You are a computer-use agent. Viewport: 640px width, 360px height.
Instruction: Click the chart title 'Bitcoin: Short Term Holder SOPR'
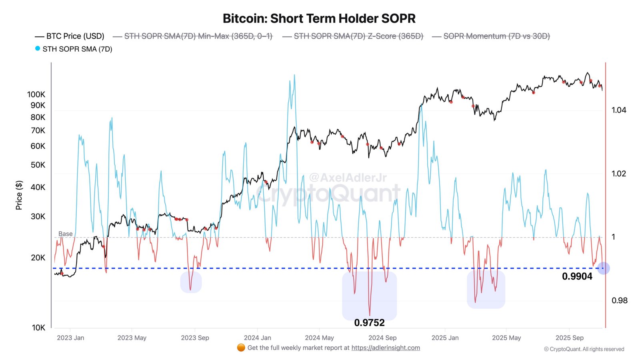[319, 19]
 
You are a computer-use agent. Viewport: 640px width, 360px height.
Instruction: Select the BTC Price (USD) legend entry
[70, 36]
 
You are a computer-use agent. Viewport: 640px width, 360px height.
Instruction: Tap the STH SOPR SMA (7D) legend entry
[74, 49]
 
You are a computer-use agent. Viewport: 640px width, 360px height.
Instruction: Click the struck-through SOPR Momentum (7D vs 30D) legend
[492, 36]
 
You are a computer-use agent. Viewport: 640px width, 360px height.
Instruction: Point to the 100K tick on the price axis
[36, 95]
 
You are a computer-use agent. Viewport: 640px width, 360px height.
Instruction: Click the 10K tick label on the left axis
[38, 328]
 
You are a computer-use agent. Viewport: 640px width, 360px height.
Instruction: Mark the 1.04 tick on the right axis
[618, 110]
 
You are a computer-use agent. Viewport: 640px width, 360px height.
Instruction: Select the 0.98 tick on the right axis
[619, 300]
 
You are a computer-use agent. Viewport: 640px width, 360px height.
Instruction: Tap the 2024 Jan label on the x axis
[257, 338]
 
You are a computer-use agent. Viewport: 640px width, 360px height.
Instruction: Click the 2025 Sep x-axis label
[569, 338]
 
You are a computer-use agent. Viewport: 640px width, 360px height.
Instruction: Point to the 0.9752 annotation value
[369, 323]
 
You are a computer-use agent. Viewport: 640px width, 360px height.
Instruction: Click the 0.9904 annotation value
[577, 276]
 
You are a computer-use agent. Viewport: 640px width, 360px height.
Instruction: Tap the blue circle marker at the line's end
[603, 268]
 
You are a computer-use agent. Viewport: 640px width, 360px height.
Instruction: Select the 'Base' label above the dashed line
[66, 234]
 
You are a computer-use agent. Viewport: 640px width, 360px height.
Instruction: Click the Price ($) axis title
[19, 195]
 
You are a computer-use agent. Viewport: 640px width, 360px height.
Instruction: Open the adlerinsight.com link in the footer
[386, 348]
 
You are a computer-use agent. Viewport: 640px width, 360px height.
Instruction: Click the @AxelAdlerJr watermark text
[348, 178]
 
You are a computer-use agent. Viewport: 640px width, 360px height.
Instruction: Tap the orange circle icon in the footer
[241, 348]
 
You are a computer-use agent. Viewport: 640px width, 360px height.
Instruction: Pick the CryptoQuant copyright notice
[584, 349]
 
